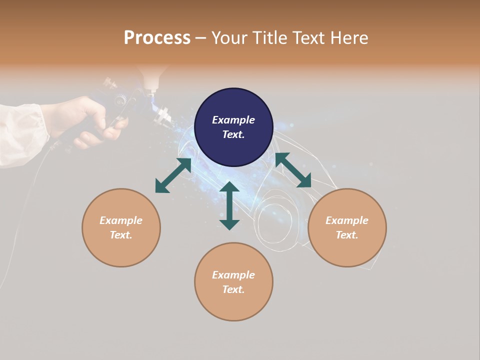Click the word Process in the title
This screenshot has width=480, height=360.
coord(157,38)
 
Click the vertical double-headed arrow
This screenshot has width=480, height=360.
coord(229,205)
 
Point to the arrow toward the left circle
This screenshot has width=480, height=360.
coord(173,175)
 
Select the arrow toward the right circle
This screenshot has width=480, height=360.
coord(293,170)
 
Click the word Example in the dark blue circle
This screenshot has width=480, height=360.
coord(233,120)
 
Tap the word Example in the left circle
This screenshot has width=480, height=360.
coord(121,220)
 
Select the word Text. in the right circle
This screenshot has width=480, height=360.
coord(347,235)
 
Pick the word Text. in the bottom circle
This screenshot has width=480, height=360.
coord(233,289)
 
